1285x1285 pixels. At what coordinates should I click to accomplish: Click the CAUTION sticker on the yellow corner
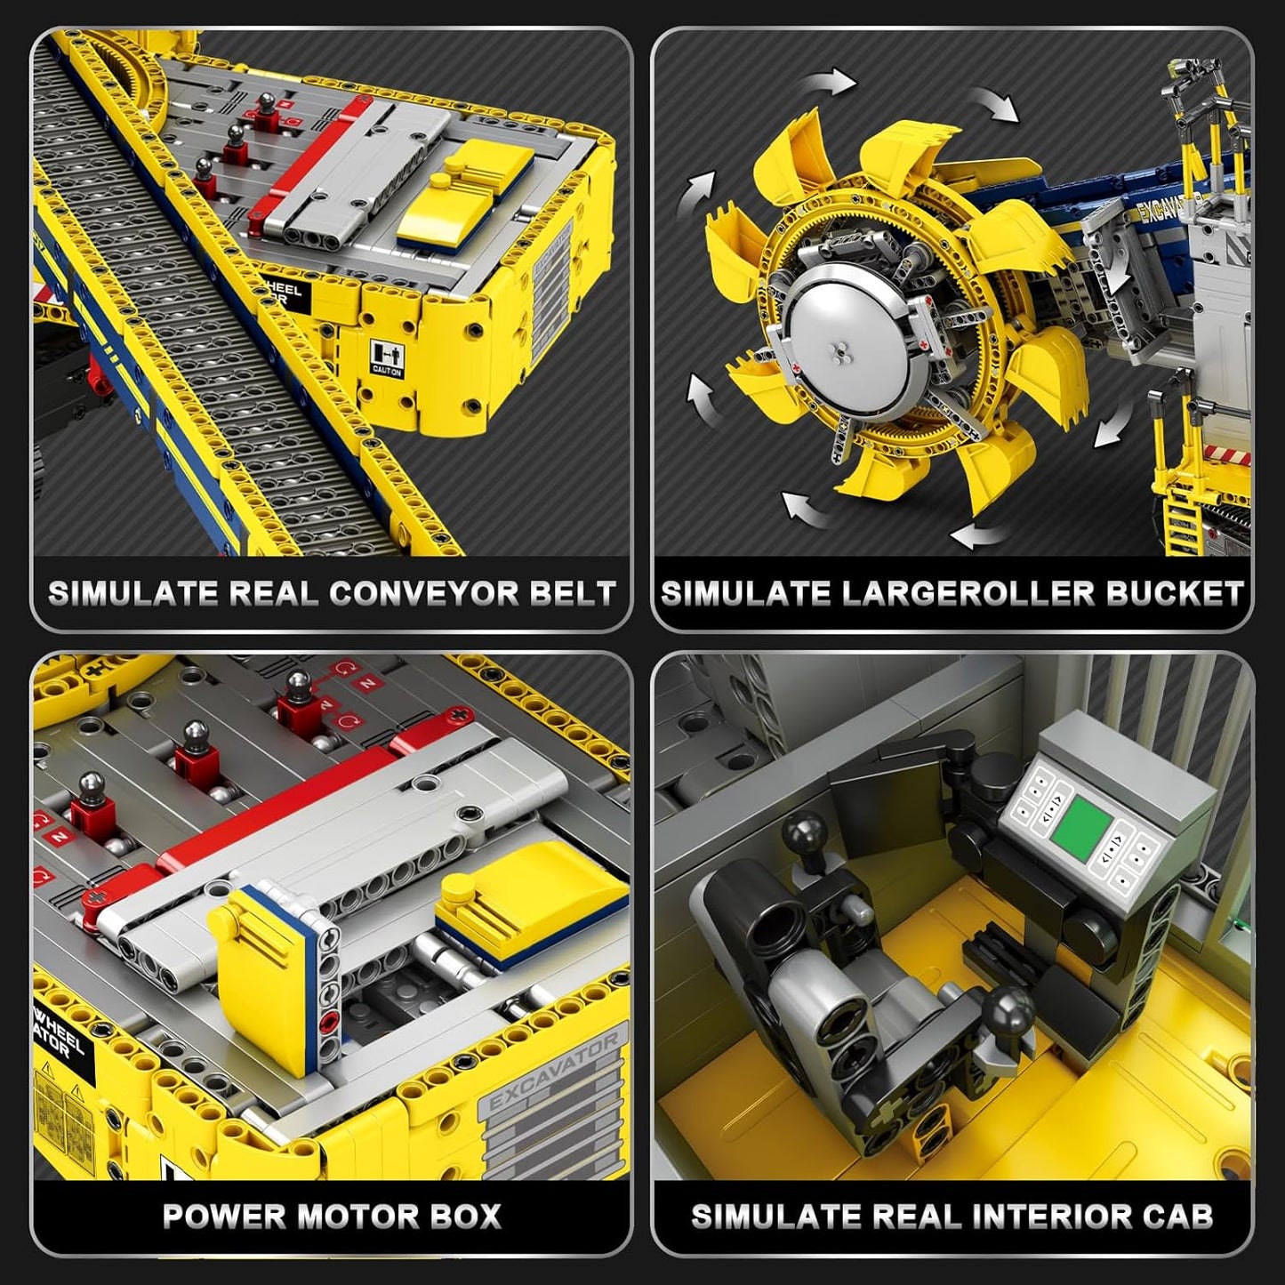(386, 357)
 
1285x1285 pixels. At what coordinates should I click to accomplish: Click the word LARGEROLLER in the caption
(969, 593)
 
